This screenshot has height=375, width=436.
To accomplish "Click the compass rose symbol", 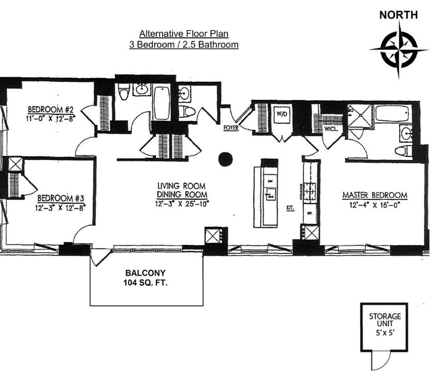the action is tap(399, 50).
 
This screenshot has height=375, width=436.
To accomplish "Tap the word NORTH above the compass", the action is tap(398, 15).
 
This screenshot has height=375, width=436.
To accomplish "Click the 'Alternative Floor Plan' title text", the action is tap(184, 34).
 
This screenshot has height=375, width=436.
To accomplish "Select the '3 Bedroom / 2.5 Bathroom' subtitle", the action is tap(184, 45).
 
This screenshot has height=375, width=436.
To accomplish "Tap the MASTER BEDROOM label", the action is tap(375, 195).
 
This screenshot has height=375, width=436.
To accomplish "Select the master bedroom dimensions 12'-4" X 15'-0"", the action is tap(375, 205).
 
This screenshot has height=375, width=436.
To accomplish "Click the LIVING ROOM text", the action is tap(182, 185).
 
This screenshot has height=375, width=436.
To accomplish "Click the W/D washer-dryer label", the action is tap(281, 113).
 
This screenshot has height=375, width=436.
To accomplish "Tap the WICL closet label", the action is tap(331, 129).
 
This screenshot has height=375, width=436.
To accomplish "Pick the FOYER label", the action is tap(230, 127).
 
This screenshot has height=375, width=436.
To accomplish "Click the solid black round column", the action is tap(225, 160).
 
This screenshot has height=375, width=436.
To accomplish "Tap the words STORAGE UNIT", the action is tap(384, 320).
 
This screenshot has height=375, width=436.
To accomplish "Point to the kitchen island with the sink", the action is tap(269, 194).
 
